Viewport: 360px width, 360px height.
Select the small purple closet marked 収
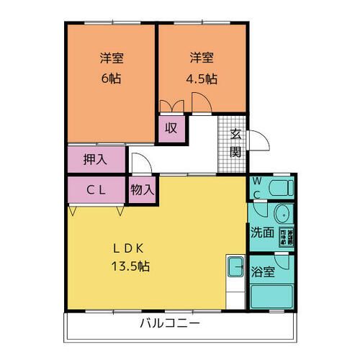point(171,129)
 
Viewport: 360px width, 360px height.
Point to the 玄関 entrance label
point(235,143)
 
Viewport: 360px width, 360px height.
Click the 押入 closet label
point(95,160)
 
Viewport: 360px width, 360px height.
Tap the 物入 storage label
point(142,191)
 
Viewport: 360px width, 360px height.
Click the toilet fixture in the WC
point(280,189)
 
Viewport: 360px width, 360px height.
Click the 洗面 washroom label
point(261,233)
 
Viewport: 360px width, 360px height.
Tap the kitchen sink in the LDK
point(235,269)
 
